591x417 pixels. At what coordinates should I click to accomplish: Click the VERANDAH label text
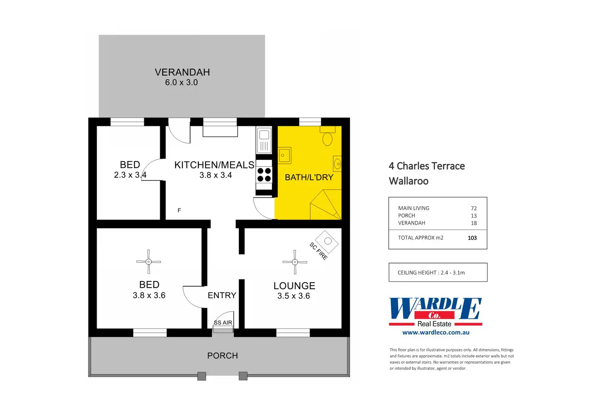182,72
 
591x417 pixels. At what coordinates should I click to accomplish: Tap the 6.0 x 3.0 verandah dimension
181,83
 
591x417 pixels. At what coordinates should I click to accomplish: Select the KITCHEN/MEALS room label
214,165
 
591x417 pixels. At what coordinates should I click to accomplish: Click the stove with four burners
264,175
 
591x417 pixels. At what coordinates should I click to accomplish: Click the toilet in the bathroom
328,137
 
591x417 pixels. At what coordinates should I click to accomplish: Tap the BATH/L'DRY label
309,177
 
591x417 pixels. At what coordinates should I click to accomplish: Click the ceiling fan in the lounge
295,262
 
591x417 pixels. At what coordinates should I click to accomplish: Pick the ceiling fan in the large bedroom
149,262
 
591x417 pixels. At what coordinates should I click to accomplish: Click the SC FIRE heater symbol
327,241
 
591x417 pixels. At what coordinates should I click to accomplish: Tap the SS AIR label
223,322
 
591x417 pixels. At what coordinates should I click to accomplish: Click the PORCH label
222,356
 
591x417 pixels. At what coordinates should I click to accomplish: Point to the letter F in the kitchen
179,211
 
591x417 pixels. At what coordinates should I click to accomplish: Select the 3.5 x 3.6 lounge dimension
293,296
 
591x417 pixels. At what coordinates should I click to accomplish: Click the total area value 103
472,238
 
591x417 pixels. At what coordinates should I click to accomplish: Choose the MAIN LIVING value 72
474,208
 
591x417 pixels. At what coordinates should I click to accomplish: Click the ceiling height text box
438,273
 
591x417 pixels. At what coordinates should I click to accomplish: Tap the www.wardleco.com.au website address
436,332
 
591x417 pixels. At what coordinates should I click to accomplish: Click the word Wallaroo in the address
408,181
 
